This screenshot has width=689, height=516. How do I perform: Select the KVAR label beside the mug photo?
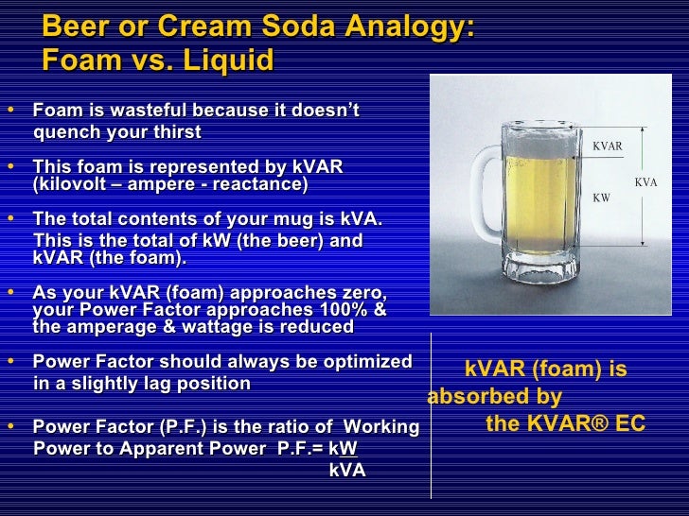point(607,146)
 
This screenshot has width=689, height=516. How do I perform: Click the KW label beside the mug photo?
point(601,198)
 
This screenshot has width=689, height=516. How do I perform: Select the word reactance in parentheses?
point(258,183)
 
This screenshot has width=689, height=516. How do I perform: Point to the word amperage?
point(106,327)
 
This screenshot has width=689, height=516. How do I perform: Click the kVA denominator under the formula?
point(346,470)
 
